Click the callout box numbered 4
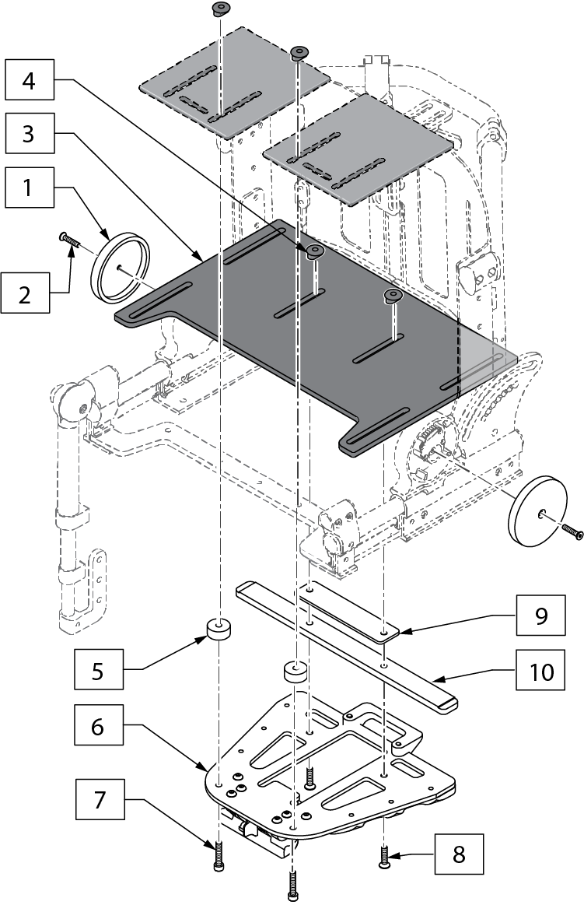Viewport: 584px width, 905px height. click(x=30, y=79)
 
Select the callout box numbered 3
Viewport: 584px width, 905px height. click(x=30, y=133)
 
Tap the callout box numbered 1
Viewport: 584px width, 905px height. click(x=30, y=188)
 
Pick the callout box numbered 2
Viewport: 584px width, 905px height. click(x=26, y=293)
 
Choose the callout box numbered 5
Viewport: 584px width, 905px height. click(x=99, y=669)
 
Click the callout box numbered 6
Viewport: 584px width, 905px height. click(x=99, y=725)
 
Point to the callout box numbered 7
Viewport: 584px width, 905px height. click(x=100, y=799)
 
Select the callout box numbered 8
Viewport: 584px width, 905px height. click(x=459, y=854)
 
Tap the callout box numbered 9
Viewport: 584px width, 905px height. click(x=540, y=616)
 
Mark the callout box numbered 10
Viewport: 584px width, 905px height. click(x=540, y=670)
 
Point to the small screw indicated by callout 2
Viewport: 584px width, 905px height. click(x=68, y=239)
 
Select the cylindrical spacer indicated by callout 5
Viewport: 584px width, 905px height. click(x=219, y=629)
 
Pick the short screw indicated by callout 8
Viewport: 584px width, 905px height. click(x=384, y=857)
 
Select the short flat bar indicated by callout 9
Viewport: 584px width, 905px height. click(x=348, y=612)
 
